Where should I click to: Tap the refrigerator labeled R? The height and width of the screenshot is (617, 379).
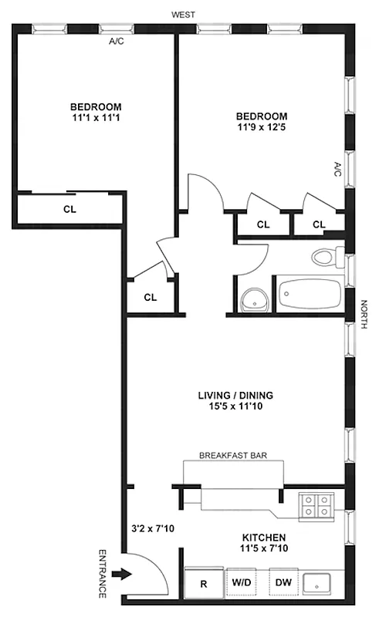click(204, 583)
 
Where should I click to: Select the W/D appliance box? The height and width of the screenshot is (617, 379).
click(241, 583)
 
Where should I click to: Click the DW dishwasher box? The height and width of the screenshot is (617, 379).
click(283, 583)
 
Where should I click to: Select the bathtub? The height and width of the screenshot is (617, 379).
click(309, 295)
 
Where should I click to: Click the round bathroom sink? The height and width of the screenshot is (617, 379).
click(252, 298)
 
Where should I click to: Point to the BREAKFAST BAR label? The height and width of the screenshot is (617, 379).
click(233, 456)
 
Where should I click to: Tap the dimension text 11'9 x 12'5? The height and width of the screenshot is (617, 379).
click(262, 129)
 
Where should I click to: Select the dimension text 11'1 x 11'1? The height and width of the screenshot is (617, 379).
click(96, 118)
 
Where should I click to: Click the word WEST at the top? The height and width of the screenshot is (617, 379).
click(183, 14)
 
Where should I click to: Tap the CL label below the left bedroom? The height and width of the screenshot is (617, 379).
click(69, 208)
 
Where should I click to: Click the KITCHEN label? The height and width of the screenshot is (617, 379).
click(265, 538)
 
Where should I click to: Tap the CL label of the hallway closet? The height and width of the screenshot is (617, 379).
click(151, 297)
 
